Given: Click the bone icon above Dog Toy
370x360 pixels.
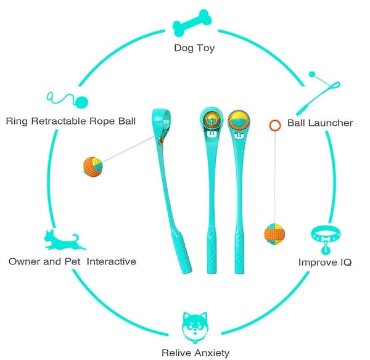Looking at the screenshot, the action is pos(192,23).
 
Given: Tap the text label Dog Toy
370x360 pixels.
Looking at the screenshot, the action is pos(194,48).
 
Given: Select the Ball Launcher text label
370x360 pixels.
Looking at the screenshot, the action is pos(319,123).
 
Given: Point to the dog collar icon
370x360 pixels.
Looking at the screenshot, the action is pos(326,239).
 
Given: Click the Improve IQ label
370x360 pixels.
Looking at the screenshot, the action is pos(325,263).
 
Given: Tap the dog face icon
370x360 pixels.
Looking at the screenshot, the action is pos(195,327).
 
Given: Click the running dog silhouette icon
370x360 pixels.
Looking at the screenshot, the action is pos(64,240).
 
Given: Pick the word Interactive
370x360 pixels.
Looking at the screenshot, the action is pos(112,261).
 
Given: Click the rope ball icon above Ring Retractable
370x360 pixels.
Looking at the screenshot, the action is pos(67,101).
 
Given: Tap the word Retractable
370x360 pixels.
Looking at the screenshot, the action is pos(59,121).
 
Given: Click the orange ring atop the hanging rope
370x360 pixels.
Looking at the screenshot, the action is pos(275,125).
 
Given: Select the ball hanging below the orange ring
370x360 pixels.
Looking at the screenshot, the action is pos(274,234).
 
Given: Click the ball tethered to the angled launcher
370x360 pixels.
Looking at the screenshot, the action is pos(92,167).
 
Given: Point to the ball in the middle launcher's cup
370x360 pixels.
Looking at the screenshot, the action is pos(212,118).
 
